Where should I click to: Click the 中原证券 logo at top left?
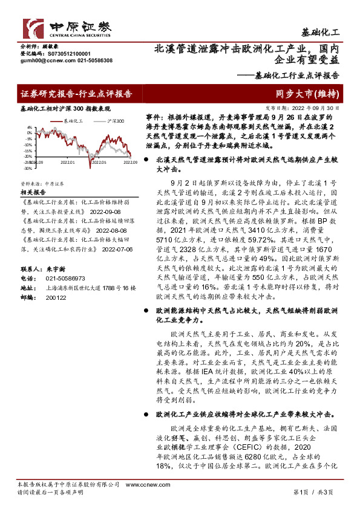tap(67, 28)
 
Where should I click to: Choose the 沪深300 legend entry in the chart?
tap(114, 122)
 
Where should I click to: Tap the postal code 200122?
tap(56, 298)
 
